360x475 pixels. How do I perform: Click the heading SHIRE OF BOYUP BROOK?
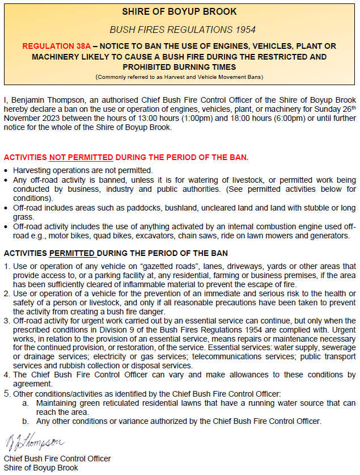180,12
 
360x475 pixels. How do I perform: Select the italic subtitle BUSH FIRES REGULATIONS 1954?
180,29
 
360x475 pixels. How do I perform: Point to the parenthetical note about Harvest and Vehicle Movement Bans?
180,77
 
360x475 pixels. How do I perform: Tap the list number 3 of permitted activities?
7,321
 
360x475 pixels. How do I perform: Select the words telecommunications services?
234,356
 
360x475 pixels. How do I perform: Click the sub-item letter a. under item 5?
26,402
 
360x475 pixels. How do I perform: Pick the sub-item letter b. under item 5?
26,421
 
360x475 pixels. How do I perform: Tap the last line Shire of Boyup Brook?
41,468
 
